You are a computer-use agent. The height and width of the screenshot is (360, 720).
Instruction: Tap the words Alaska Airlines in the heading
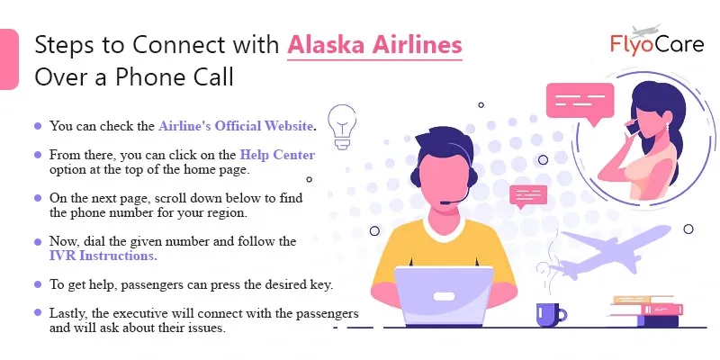[x=374, y=45]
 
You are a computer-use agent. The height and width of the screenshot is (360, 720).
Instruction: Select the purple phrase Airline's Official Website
[x=236, y=126]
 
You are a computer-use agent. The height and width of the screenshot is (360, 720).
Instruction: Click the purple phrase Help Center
[x=278, y=155]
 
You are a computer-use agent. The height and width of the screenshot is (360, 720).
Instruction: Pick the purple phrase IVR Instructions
[x=103, y=256]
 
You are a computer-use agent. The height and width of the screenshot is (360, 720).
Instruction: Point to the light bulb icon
[x=342, y=126]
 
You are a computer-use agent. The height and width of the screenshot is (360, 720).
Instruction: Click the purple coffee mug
[x=551, y=315]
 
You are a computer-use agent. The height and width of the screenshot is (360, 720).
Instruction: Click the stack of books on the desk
[x=646, y=311]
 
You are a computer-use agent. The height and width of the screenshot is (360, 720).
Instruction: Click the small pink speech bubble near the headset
[x=528, y=196]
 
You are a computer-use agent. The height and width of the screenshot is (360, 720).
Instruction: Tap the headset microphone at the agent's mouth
[x=445, y=202]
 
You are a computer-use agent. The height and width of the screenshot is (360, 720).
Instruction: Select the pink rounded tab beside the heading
[x=9, y=59]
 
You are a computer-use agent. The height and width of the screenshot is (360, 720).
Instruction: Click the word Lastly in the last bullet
[x=69, y=314]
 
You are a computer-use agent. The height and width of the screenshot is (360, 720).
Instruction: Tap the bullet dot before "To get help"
[x=38, y=284]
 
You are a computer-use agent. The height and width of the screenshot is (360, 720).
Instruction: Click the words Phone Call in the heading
[x=175, y=77]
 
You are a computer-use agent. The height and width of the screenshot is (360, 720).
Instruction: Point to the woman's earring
[x=667, y=126]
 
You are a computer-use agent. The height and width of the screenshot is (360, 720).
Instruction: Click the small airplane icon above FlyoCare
[x=646, y=31]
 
